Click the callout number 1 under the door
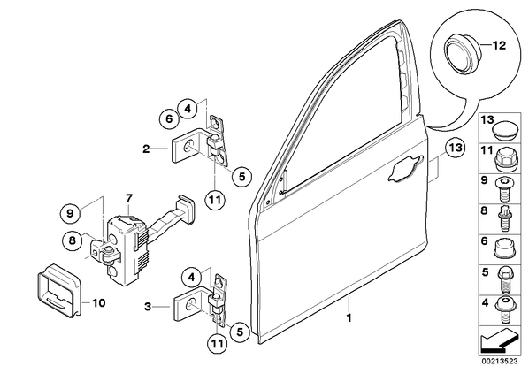click(349, 317)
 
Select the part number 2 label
click(146, 149)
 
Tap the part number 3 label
click(148, 307)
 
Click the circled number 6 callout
click(169, 118)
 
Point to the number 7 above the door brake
click(129, 198)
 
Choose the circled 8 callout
click(72, 240)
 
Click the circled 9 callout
click(70, 213)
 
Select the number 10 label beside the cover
click(98, 303)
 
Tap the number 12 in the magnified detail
click(500, 45)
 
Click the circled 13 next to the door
click(455, 148)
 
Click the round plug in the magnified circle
click(460, 55)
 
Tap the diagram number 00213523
click(499, 362)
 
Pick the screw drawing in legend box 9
click(503, 189)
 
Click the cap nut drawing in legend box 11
click(504, 159)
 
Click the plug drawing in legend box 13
click(504, 128)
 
